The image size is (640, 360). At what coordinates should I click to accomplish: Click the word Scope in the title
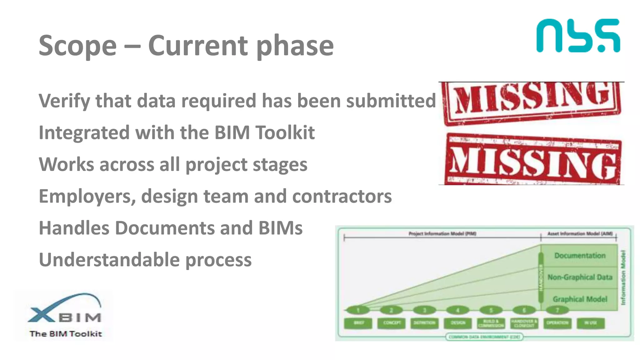coord(77,46)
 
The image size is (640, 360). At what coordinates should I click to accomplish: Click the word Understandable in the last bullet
coord(109,260)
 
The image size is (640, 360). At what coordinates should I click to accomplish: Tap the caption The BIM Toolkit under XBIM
coord(66,334)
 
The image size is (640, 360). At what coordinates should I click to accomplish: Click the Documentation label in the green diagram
coord(580,256)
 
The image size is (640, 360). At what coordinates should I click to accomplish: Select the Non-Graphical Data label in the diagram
coord(580,277)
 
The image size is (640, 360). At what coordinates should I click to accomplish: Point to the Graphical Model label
coord(580,299)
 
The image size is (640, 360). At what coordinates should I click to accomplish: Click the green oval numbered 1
coord(358,310)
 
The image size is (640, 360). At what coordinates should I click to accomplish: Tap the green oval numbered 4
coord(457,310)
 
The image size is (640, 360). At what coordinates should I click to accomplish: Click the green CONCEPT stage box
coord(391,323)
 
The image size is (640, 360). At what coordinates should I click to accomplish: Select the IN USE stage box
coord(590,323)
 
